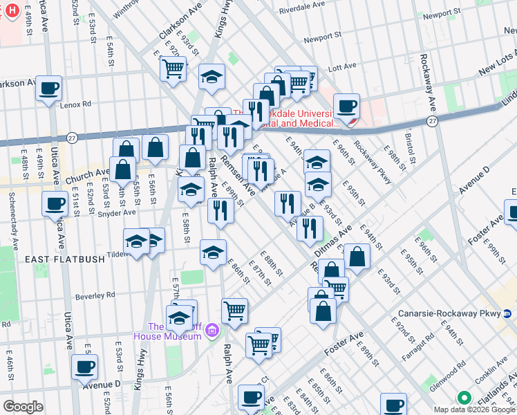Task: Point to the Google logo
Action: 23,407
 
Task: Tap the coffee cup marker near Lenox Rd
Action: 49,89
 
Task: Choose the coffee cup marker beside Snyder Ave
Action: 54,203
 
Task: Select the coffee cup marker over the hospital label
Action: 347,106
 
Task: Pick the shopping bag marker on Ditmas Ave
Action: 357,257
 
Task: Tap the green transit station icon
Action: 464,398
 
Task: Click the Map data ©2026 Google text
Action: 473,409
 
